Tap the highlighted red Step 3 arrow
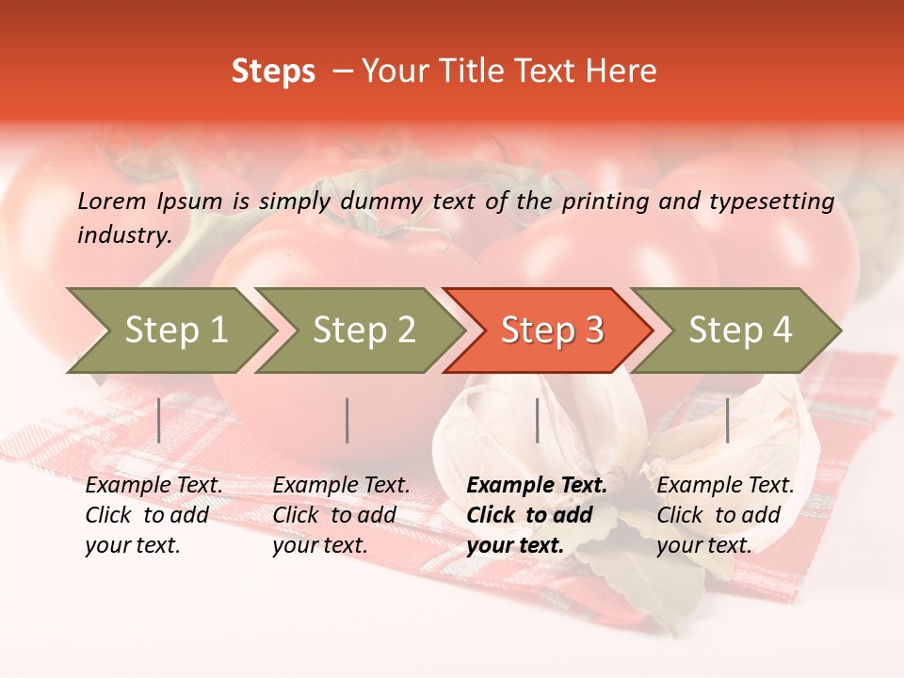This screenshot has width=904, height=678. point(552,331)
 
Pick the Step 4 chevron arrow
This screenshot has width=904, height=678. point(740,331)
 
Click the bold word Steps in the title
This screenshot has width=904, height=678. point(273,72)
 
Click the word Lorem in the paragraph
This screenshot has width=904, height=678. point(111,201)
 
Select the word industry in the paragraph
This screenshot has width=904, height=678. point(123,235)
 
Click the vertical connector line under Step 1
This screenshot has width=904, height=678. point(159,420)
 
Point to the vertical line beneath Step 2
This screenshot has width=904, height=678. point(347,420)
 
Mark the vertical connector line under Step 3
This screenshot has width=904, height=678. point(537,420)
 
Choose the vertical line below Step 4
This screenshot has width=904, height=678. point(727,420)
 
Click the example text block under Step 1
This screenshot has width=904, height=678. point(153,515)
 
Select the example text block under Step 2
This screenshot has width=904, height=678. point(341,515)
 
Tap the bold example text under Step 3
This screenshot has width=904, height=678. point(537,515)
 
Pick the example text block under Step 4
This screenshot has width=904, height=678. point(725,515)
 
